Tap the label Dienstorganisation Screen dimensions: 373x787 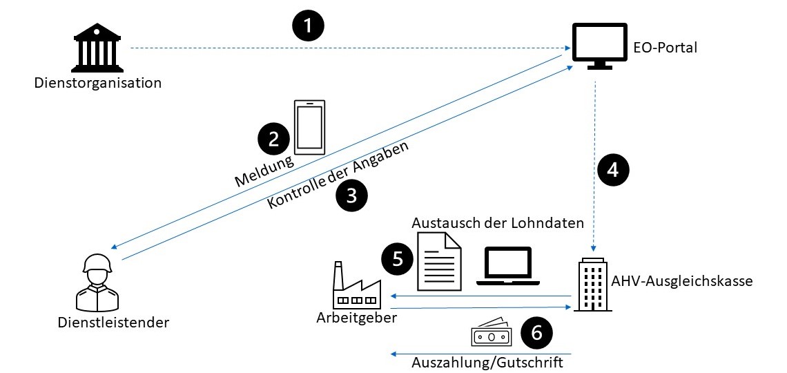coord(98,84)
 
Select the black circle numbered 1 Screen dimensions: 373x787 coord(308,27)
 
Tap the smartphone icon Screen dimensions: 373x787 coord(309,127)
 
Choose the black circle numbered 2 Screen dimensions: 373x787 coord(273,139)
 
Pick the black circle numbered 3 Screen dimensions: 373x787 coord(351,195)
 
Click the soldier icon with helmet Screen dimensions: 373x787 coord(97,281)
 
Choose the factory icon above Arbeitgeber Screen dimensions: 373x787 coord(355,285)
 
